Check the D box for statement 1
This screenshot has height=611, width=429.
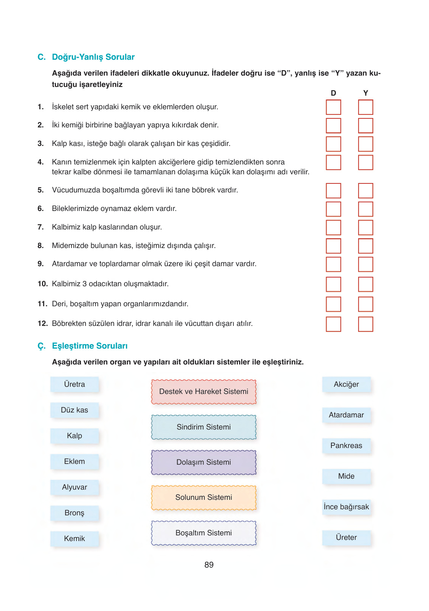point(333,107)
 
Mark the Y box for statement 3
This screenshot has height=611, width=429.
point(365,144)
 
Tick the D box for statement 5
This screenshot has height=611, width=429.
point(333,191)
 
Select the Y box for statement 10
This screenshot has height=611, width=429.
point(365,284)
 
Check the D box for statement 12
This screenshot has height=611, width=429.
point(333,324)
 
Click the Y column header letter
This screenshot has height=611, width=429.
point(365,93)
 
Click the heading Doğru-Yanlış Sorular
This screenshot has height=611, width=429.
point(93,57)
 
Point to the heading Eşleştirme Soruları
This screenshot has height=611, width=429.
point(90,346)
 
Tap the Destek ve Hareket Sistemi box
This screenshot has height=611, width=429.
point(204,392)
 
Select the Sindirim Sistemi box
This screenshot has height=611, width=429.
point(204,427)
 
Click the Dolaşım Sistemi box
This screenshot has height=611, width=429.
point(204,462)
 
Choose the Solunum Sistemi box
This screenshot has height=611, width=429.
point(204,498)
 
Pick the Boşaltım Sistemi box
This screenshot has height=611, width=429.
point(204,533)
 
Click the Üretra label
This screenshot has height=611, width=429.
point(75,385)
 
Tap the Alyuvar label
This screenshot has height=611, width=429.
point(75,487)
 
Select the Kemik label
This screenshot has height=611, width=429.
point(75,539)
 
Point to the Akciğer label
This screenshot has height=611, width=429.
point(346,385)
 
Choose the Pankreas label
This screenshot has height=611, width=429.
point(346,446)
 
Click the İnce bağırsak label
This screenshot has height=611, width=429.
point(346,507)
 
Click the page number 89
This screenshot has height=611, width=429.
point(209,565)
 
